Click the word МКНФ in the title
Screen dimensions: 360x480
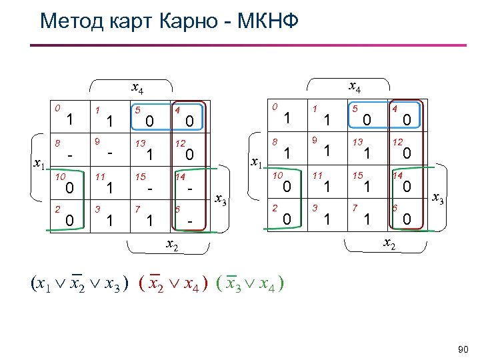click(267, 21)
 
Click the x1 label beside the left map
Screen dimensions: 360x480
click(39, 165)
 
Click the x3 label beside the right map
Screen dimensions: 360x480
click(439, 198)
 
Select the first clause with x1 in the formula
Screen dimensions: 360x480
click(79, 283)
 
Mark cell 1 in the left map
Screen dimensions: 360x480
click(111, 119)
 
